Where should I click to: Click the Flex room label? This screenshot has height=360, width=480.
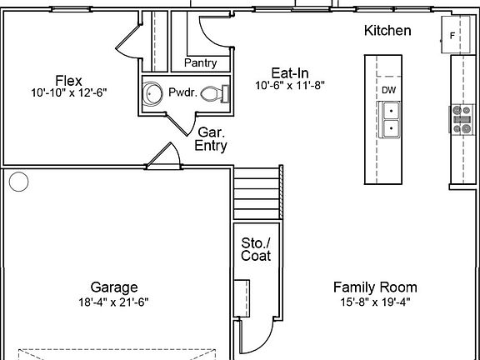69,81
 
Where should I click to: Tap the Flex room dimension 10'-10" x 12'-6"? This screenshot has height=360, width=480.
69,92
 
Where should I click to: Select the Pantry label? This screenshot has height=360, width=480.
201,63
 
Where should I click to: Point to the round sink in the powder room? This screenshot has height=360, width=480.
152,93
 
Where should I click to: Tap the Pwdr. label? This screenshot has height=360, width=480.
182,92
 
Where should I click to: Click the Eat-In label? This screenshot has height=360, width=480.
290,73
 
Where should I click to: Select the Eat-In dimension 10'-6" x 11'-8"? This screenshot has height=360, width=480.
290,85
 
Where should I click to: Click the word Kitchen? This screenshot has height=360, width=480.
387,31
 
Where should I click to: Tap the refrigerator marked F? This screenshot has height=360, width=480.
455,35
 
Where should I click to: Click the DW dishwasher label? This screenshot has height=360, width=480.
389,90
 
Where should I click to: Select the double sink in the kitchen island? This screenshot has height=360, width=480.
389,119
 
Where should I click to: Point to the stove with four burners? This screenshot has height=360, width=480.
462,119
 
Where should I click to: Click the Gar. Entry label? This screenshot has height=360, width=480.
211,139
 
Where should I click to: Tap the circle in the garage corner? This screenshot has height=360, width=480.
18,182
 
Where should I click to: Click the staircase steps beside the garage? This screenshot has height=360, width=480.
258,192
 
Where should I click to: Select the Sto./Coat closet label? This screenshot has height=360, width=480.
256,249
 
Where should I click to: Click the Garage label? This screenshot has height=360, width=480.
114,287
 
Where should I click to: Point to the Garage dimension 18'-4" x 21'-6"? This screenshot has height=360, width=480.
113,302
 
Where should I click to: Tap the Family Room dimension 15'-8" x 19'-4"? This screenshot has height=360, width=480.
375,302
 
